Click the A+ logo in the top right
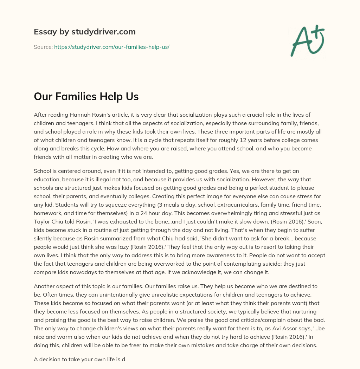(307, 40)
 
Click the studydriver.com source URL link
(112, 47)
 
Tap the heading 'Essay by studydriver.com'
(84, 32)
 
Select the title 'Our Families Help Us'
(86, 97)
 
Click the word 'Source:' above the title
(43, 47)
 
